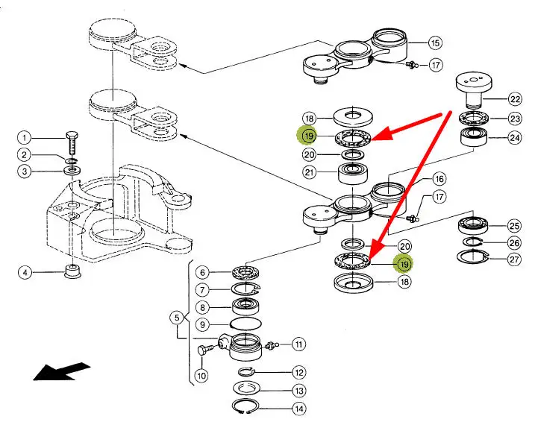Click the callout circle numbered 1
(25, 138)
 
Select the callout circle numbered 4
(25, 273)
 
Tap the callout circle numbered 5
(177, 318)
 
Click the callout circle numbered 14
(299, 409)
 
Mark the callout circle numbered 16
(439, 179)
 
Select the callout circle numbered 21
(309, 174)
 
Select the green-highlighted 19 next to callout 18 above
(308, 136)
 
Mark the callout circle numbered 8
(201, 306)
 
